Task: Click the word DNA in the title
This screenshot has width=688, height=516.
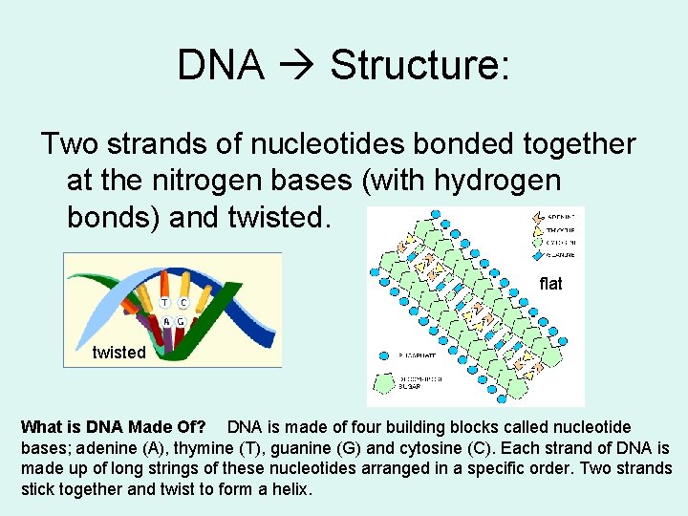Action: [221, 65]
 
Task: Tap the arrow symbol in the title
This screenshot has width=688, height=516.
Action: [296, 66]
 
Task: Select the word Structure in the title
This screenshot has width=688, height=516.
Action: [419, 65]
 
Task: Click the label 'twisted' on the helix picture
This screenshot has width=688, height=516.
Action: [118, 353]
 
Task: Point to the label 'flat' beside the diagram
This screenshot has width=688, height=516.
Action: [550, 284]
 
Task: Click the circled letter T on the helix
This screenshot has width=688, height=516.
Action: [164, 303]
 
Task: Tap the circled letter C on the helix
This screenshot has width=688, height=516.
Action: [182, 303]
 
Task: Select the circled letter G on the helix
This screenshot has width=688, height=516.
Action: [181, 322]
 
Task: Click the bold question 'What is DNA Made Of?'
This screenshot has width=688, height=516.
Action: [113, 427]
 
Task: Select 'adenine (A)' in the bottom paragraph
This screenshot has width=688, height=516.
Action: [99, 448]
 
